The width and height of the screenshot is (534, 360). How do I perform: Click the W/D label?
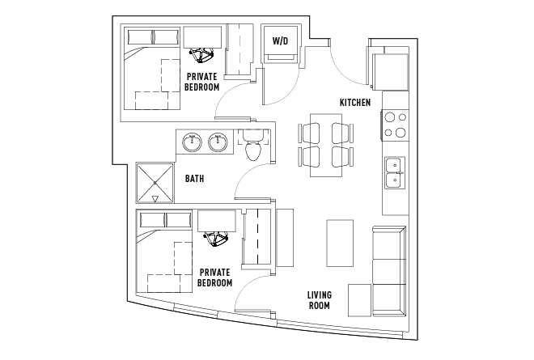280,41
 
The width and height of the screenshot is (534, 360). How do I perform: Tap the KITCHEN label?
355,102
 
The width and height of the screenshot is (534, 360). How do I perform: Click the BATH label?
194,178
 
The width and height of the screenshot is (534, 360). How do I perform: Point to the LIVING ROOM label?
320,300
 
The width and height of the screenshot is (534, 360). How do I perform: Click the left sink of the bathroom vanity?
192,142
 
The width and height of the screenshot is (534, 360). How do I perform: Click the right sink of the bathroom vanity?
218,142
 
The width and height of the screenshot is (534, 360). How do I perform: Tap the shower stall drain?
155,183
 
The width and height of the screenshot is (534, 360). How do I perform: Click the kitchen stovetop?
395,125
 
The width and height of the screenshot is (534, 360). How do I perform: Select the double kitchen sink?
395,172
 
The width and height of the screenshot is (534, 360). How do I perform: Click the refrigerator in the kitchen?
390,72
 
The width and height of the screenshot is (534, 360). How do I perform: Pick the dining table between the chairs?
326,145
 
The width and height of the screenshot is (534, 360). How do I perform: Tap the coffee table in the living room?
340,243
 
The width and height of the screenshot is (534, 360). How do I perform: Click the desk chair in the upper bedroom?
201,55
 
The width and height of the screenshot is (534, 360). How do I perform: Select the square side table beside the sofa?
359,300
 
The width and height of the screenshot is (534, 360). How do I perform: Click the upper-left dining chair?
309,133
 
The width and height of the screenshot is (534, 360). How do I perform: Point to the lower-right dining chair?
342,157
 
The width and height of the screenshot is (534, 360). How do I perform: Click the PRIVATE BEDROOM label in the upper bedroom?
202,82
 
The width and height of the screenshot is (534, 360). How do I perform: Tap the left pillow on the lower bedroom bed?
153,220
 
